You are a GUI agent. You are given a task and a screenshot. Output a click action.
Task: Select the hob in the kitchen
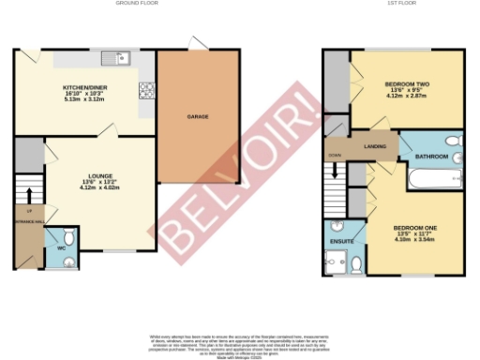click(x=146, y=91)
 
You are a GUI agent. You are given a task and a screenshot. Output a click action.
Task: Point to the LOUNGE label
click(x=101, y=175)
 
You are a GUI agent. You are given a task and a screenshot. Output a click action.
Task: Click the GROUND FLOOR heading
click(x=135, y=4)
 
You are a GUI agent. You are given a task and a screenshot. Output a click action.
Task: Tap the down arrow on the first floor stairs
click(x=332, y=173)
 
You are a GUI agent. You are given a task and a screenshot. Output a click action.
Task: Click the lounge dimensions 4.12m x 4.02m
click(x=101, y=188)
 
